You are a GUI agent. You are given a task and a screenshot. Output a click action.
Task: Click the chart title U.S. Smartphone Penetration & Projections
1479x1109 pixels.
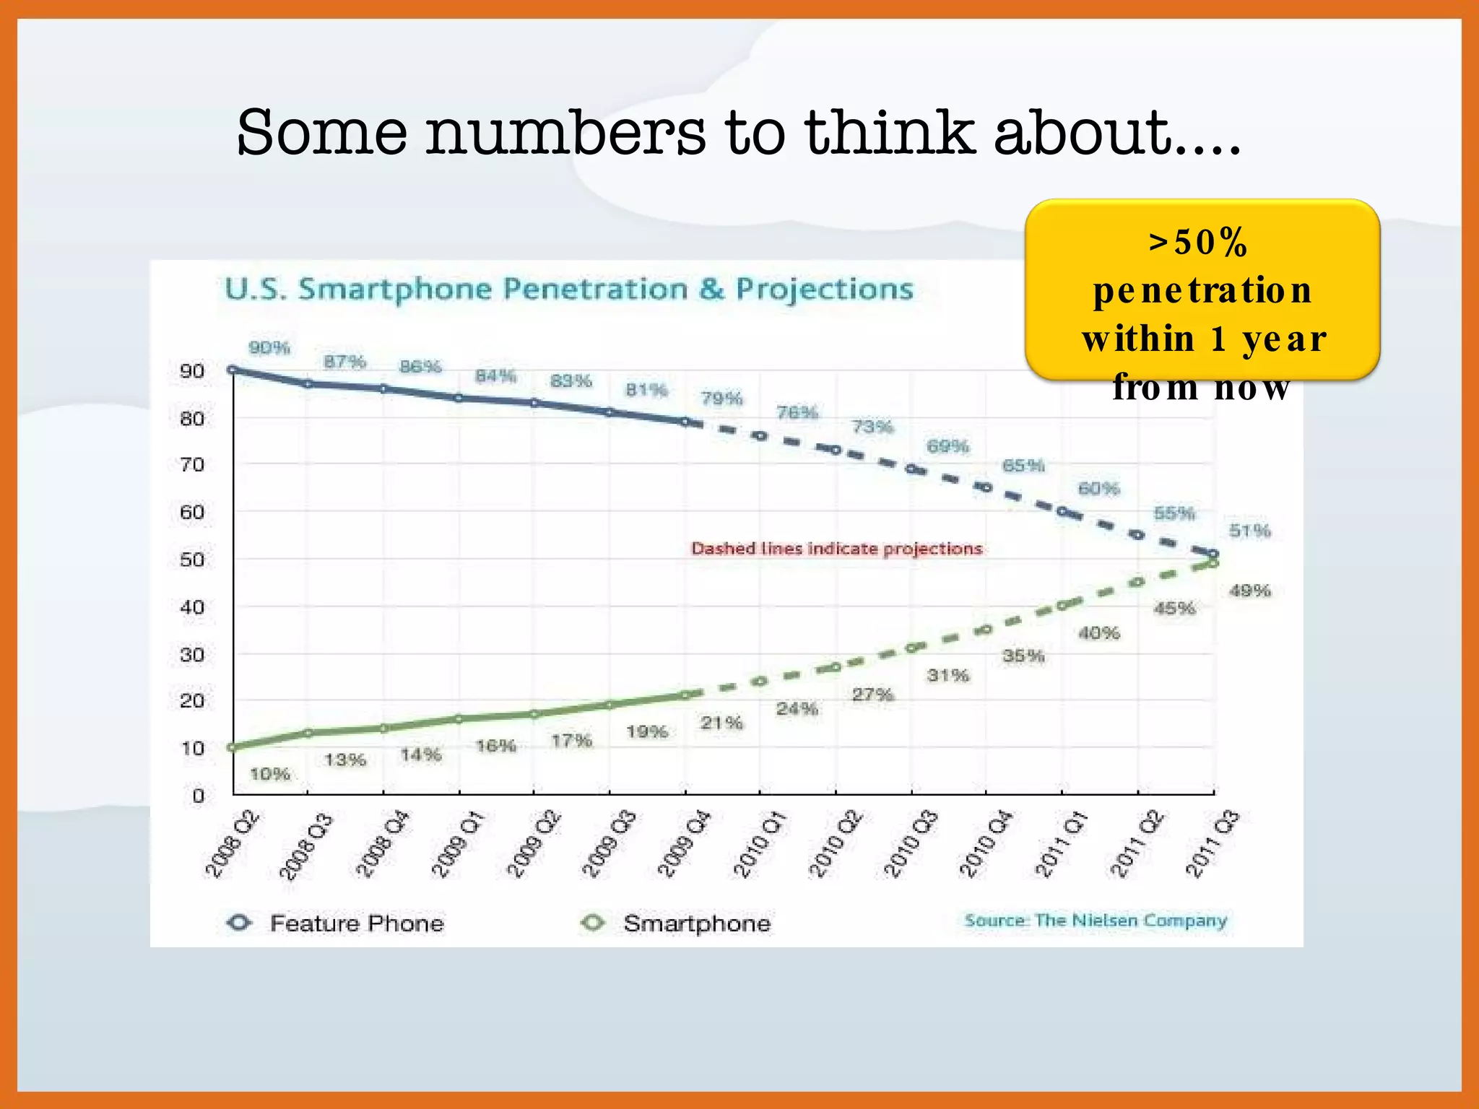tap(569, 290)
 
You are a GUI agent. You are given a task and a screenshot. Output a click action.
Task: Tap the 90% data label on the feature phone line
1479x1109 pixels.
tap(269, 348)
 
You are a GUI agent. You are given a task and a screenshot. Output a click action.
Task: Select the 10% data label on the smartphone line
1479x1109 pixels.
tap(269, 775)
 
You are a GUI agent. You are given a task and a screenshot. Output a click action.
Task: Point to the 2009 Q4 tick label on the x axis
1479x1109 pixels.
tap(683, 844)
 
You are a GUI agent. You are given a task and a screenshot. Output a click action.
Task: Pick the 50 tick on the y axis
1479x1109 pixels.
tap(192, 560)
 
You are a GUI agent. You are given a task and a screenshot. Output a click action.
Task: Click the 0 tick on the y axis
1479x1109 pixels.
tap(199, 796)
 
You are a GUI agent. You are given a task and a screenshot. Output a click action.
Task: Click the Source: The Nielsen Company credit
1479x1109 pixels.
tap(1096, 921)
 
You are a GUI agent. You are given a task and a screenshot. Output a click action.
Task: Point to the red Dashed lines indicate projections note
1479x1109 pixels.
tap(836, 549)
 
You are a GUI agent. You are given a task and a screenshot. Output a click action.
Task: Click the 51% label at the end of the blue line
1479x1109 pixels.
tap(1249, 531)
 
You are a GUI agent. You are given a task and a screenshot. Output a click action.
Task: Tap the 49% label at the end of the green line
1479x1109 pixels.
tap(1249, 591)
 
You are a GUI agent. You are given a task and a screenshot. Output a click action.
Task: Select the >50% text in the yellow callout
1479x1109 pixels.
tap(1198, 242)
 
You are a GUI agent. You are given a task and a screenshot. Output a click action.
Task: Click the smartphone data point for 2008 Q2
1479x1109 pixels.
tap(232, 747)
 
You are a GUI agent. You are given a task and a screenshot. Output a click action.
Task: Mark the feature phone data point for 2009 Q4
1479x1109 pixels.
tap(685, 422)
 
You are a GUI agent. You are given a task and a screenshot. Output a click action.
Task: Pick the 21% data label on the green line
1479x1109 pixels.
tap(721, 723)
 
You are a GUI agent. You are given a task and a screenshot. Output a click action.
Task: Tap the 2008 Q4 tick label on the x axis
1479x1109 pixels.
tap(382, 844)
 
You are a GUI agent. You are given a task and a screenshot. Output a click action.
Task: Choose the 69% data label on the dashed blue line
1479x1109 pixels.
tap(947, 446)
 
